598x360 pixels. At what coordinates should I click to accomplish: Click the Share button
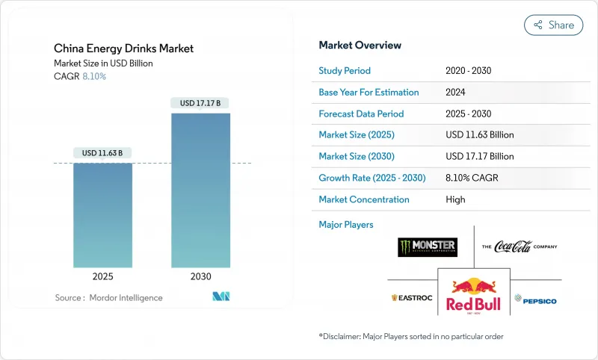[553, 25]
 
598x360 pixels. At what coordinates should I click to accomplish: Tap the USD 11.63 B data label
[102, 153]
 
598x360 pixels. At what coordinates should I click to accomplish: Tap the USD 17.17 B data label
[200, 103]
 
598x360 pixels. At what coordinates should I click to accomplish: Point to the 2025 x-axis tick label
[102, 276]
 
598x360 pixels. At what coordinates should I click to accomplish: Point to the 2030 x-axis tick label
[200, 276]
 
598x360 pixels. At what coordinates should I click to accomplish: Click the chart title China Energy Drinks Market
[123, 49]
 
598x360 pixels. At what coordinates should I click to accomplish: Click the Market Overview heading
[360, 46]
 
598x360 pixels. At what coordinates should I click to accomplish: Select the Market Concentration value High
[455, 199]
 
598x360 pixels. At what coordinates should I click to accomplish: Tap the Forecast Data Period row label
[361, 114]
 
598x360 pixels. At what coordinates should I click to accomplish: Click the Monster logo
[428, 247]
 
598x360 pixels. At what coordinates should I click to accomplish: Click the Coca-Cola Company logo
[520, 246]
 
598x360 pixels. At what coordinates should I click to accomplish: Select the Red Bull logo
[473, 294]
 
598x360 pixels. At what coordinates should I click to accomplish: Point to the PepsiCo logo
[535, 300]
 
